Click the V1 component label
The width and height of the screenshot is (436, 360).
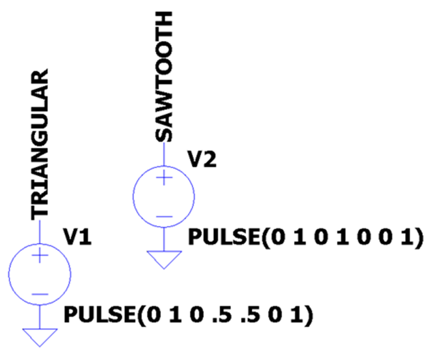(78, 237)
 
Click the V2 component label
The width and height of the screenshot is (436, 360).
(202, 159)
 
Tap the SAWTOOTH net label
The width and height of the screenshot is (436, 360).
(164, 77)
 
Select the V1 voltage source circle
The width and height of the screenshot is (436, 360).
(40, 274)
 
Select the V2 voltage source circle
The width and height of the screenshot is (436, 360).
(164, 197)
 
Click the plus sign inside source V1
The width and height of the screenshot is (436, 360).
(40, 255)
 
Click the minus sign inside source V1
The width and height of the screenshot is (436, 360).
(40, 294)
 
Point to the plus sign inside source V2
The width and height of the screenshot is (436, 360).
(164, 177)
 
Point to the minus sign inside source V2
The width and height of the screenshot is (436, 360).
(164, 217)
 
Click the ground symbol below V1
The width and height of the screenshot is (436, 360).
(40, 337)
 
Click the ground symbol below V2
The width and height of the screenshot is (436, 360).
(164, 260)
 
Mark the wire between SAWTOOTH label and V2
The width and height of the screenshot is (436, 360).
(164, 154)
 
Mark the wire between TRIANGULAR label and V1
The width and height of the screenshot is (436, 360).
(40, 232)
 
